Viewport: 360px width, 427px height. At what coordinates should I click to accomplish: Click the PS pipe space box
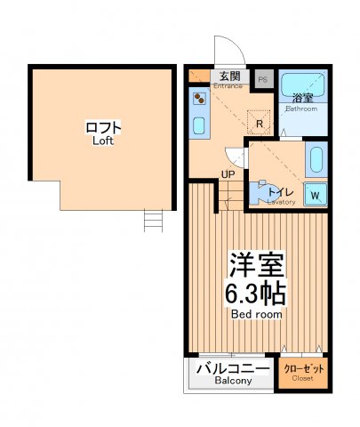[262, 78]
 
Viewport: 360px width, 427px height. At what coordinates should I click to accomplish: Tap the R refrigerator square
[260, 124]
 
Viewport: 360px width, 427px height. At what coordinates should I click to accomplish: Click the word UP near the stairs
[228, 173]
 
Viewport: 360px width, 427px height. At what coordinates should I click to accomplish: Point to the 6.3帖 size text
[256, 292]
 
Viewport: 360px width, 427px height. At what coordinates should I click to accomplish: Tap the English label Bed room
[256, 315]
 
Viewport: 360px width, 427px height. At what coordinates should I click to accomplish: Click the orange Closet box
[303, 372]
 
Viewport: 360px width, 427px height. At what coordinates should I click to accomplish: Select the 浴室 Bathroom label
[303, 103]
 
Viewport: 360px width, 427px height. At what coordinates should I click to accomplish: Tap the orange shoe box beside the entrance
[198, 76]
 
